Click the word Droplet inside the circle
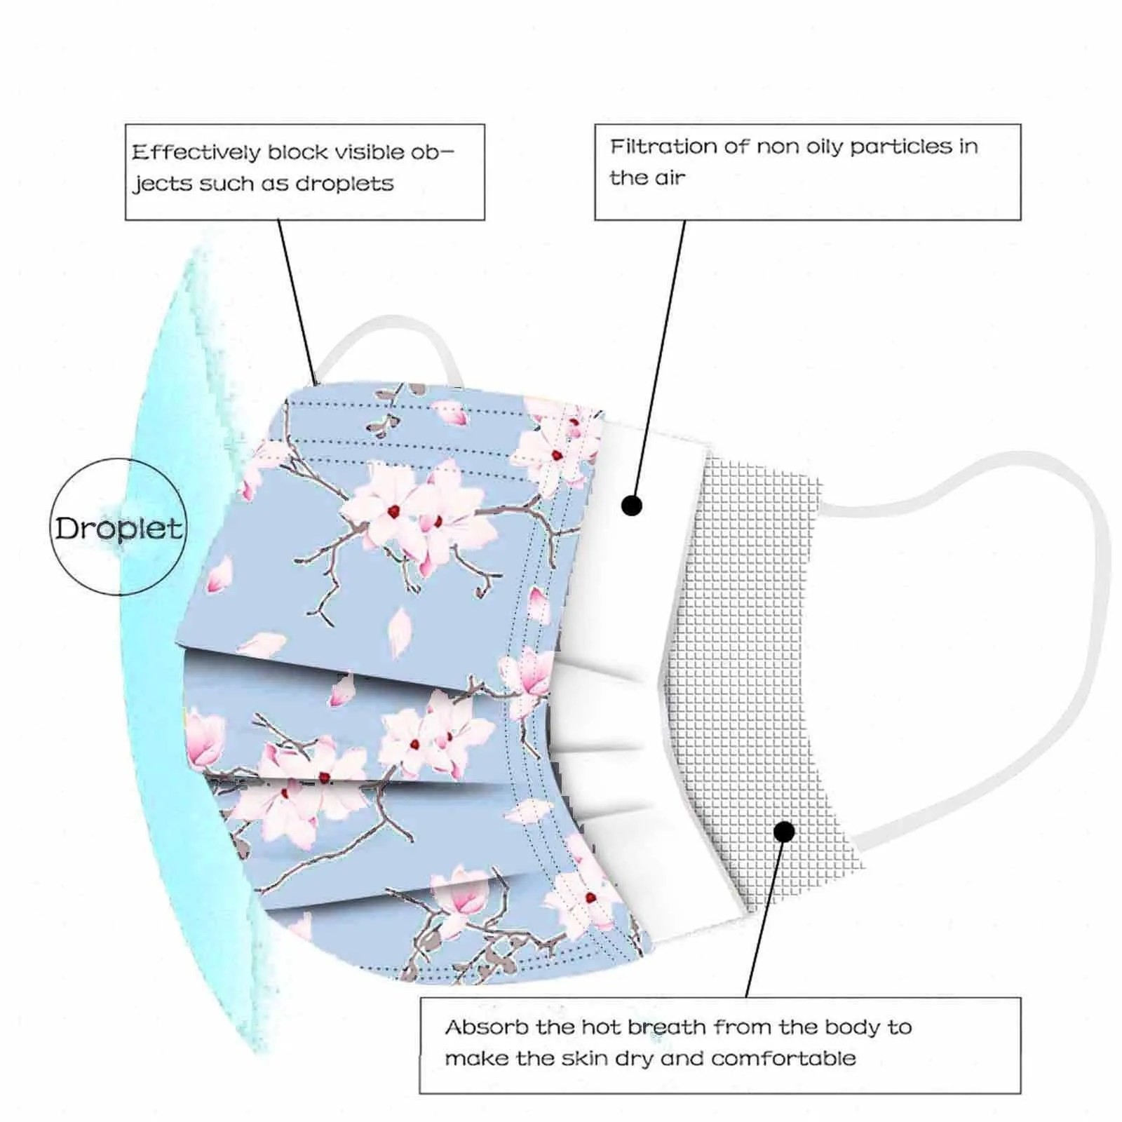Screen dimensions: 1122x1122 (119, 528)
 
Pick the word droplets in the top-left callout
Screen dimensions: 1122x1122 (344, 184)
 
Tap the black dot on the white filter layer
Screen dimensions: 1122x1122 (632, 506)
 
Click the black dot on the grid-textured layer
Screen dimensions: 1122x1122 (785, 832)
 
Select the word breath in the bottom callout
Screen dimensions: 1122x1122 (667, 1027)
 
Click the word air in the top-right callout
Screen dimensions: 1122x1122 (670, 178)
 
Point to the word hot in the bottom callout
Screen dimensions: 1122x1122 (600, 1027)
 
